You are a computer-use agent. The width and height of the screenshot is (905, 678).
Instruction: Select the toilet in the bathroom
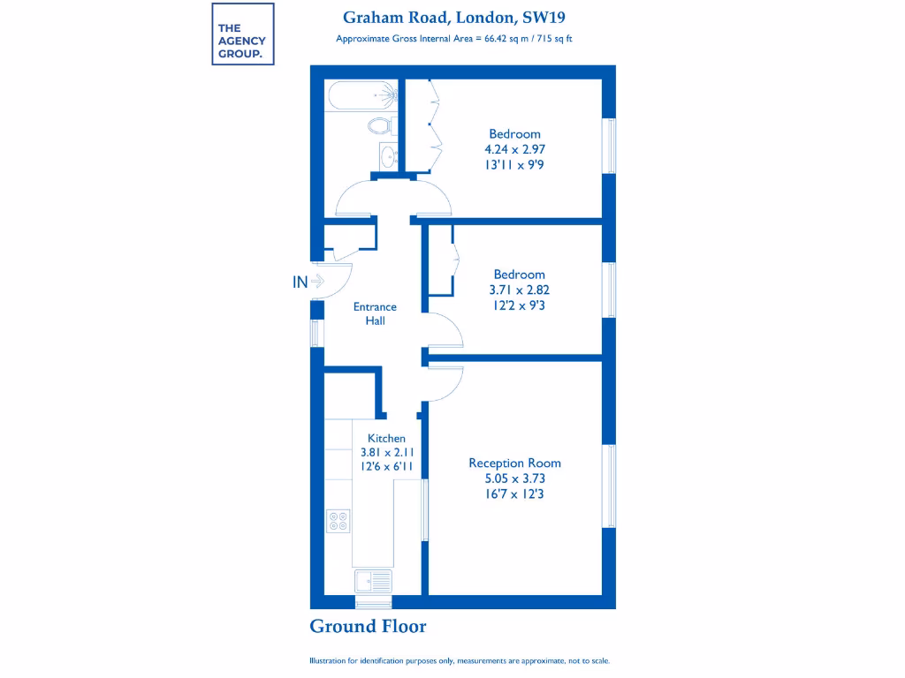pyautogui.click(x=381, y=125)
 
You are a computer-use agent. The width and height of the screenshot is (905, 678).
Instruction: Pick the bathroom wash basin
pyautogui.click(x=386, y=157)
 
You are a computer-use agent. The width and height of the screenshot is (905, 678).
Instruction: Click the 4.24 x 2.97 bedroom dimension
pyautogui.click(x=515, y=149)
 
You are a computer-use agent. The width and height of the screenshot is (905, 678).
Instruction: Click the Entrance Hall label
pyautogui.click(x=375, y=313)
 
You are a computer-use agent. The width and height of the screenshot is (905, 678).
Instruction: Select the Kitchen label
pyautogui.click(x=386, y=438)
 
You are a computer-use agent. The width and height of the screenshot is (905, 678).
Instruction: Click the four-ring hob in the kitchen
pyautogui.click(x=338, y=521)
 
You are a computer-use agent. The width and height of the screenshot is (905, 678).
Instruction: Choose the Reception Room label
pyautogui.click(x=514, y=463)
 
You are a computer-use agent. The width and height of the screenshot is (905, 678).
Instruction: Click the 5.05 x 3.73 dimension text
pyautogui.click(x=514, y=478)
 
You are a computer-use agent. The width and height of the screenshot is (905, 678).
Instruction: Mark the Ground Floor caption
pyautogui.click(x=368, y=627)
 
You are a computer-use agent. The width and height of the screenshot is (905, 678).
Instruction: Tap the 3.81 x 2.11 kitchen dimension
pyautogui.click(x=387, y=452)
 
